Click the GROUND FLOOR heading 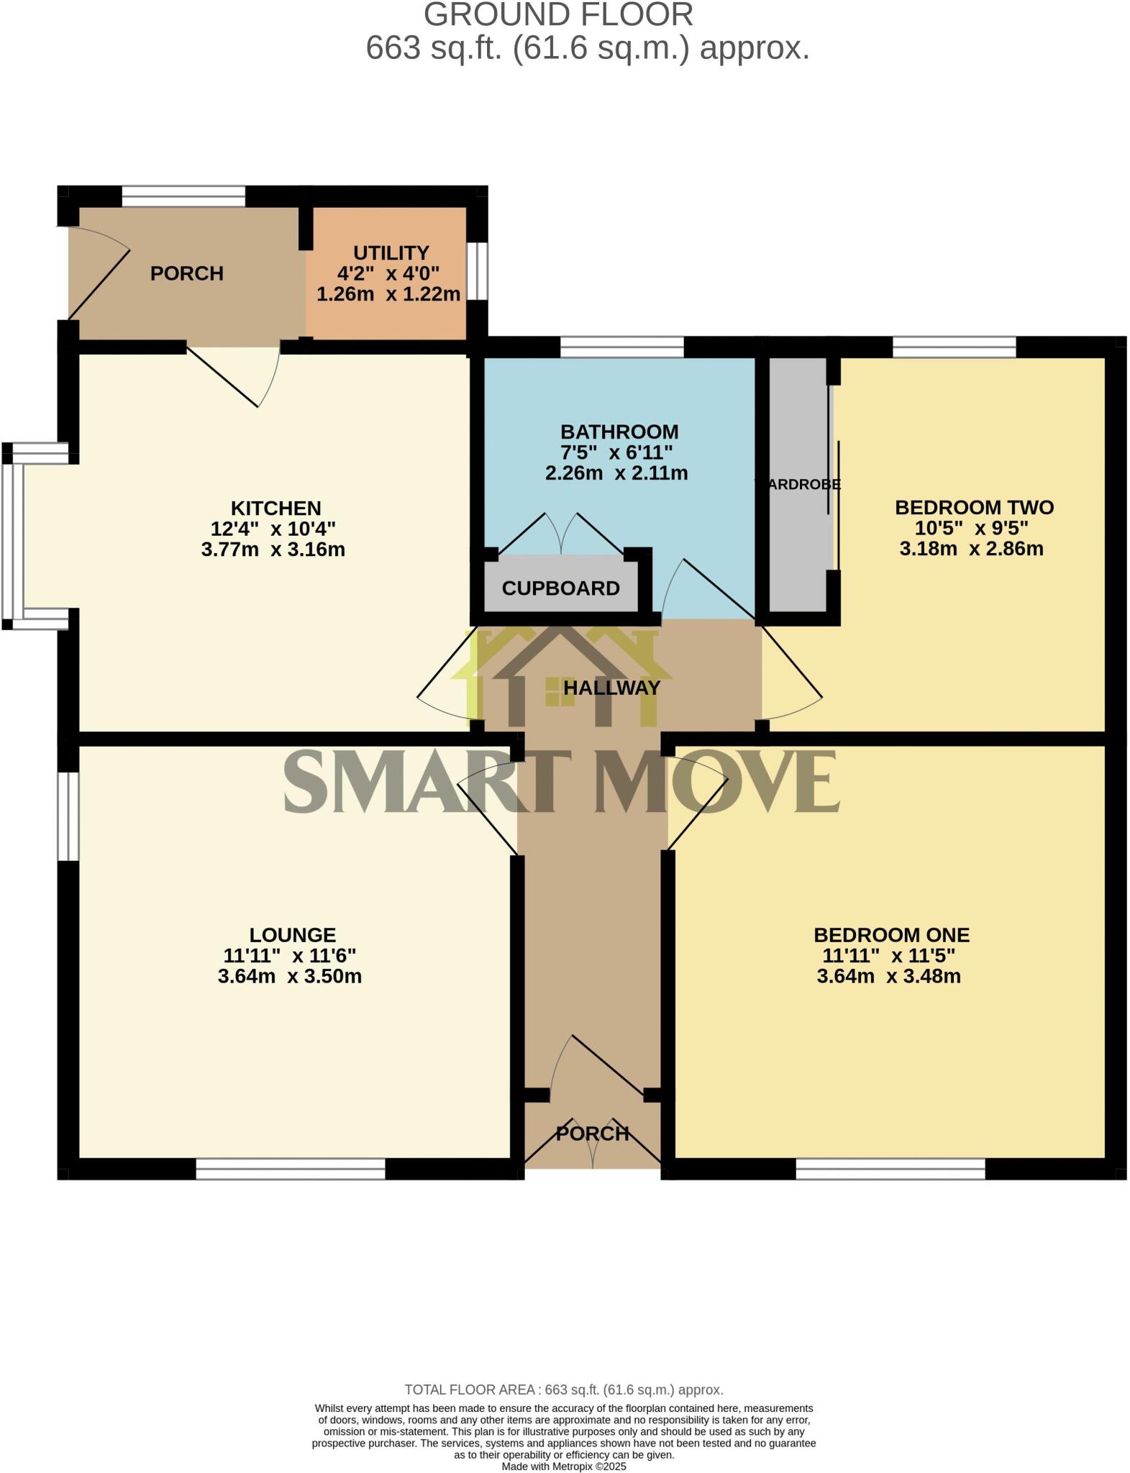coord(558,15)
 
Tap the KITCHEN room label coord(276,509)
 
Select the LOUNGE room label coord(293,935)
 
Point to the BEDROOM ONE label coord(891,935)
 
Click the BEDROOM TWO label coord(974,507)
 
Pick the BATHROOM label coord(619,432)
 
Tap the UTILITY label coord(391,253)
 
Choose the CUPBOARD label coord(560,588)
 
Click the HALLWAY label coord(611,688)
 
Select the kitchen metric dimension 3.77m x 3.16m coord(273,550)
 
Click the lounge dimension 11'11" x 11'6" coord(290,956)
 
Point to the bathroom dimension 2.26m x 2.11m coord(616,473)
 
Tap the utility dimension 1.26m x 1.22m coord(388,294)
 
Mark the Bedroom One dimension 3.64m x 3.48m coord(888,977)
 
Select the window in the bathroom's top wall coord(621,347)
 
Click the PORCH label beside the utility coord(187,273)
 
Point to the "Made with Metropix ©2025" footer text coord(564,1466)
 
